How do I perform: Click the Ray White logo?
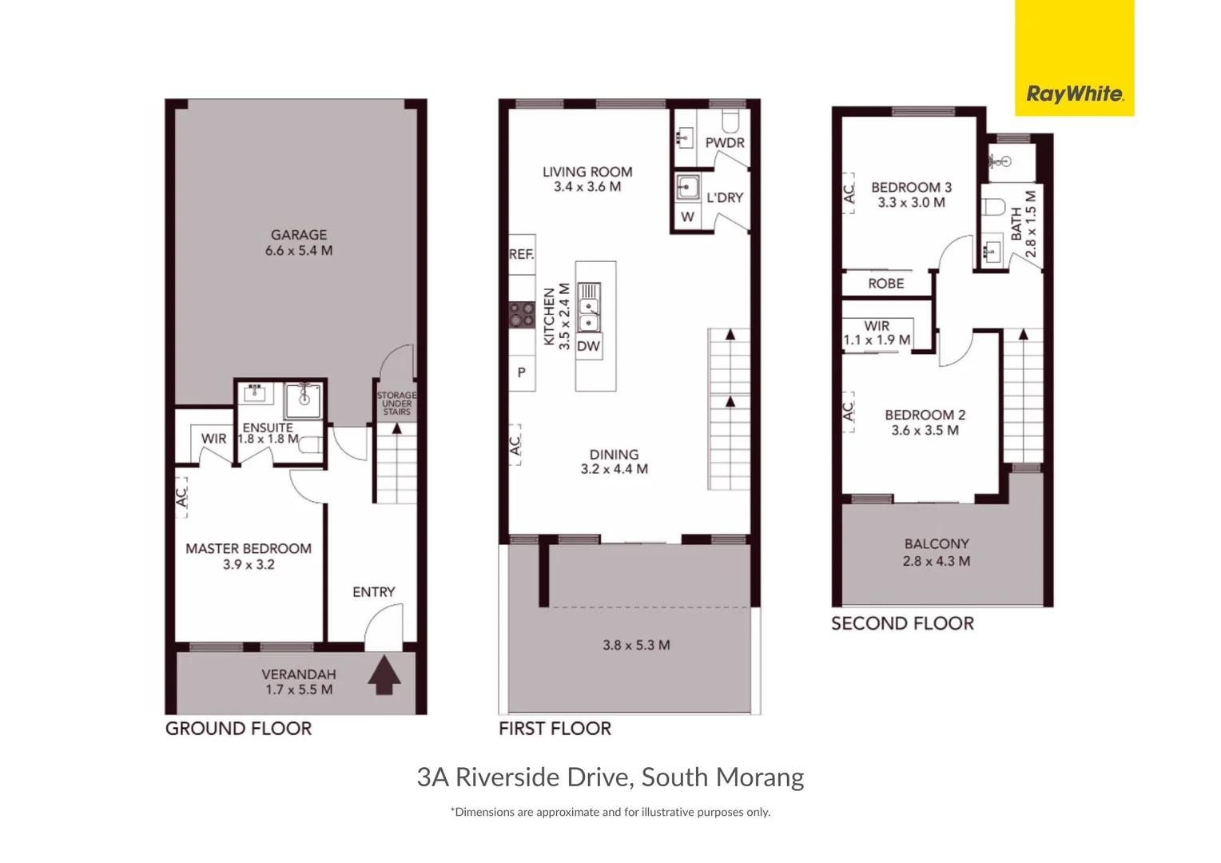[x=1074, y=94]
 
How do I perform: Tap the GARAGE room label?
[x=299, y=235]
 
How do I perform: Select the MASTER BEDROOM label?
[x=249, y=549]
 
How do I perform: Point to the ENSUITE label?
[x=268, y=428]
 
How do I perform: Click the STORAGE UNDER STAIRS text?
[x=396, y=403]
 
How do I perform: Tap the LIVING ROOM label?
[x=587, y=172]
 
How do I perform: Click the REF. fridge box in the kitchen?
[x=522, y=254]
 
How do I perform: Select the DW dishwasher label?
[x=588, y=346]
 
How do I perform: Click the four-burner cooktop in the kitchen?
[x=522, y=314]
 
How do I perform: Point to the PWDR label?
[x=725, y=143]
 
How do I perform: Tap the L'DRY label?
[x=725, y=197]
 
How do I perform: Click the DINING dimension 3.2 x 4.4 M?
[x=614, y=469]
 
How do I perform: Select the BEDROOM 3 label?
[x=911, y=188]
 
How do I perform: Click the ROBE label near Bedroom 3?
[x=886, y=284]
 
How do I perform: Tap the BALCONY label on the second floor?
[x=937, y=544]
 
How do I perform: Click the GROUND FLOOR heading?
[x=238, y=729]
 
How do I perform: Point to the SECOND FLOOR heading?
[x=902, y=624]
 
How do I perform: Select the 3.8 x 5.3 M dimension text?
[x=636, y=645]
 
